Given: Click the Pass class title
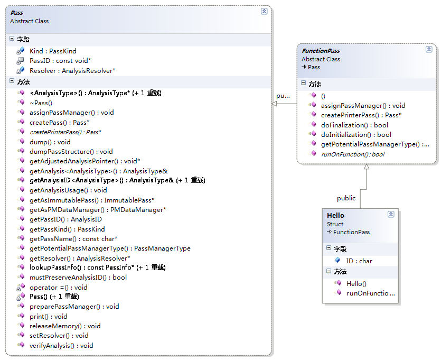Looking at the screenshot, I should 16,12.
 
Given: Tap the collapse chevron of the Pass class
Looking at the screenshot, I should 264,11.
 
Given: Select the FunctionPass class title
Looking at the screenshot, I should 321,51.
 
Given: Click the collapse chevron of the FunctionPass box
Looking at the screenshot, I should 429,49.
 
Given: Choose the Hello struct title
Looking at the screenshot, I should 335,215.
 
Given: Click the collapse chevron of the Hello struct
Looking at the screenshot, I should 391,214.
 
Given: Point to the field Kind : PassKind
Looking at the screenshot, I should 53,51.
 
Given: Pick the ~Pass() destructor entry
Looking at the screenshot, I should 41,103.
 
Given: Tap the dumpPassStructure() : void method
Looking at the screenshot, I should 71,151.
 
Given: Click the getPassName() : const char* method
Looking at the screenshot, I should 73,238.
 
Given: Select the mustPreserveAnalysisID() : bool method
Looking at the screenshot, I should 78,277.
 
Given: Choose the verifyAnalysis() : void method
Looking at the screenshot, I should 61,345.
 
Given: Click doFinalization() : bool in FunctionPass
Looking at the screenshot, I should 354,125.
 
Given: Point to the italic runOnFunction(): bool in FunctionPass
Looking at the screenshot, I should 352,154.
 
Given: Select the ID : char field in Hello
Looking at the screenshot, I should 359,261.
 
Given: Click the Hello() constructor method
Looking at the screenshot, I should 356,283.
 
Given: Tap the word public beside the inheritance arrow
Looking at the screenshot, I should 346,198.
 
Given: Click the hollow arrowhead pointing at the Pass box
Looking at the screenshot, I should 275,104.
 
